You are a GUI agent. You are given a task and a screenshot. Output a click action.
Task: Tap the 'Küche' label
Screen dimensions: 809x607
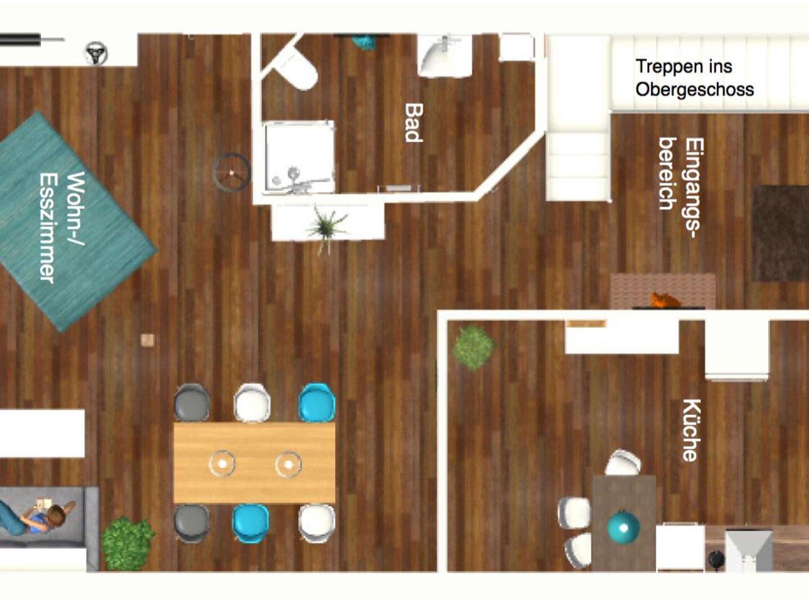pos(692,430)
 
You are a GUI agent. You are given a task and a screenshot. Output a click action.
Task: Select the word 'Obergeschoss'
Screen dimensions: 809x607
pos(694,90)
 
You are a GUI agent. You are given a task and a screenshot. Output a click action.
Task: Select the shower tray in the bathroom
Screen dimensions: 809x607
pos(299,157)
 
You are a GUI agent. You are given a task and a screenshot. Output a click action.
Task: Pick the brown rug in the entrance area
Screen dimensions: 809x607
pos(780,234)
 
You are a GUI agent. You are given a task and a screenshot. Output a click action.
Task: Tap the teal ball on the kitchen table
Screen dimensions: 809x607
pos(623,526)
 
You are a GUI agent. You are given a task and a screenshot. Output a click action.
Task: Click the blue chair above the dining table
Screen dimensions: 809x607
pos(317,402)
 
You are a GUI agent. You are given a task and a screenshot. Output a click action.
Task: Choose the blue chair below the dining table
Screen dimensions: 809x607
pos(250,523)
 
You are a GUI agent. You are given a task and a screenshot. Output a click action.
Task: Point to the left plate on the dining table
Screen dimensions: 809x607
pos(222,464)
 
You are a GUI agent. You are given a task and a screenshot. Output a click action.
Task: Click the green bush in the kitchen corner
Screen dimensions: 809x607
pos(473,347)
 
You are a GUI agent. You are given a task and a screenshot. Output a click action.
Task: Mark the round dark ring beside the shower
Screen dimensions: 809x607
pos(231,172)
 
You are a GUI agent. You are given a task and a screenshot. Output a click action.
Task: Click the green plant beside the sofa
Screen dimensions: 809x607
pos(128,544)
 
